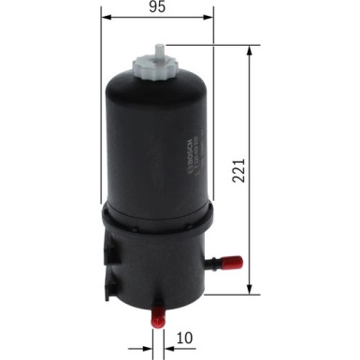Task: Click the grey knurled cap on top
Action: click(x=157, y=66)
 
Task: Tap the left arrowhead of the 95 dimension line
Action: click(x=105, y=19)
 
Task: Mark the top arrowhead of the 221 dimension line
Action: click(x=250, y=49)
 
